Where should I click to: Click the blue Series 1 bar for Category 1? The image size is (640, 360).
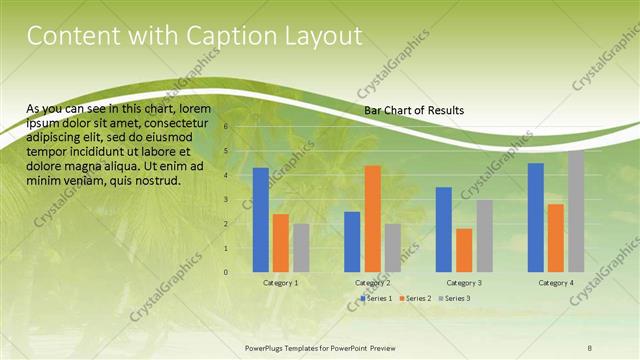pos(260,220)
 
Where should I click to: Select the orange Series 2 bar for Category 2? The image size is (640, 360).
pos(372,218)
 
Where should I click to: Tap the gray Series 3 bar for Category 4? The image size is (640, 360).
pos(576,211)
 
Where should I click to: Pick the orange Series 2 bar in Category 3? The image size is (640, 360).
pos(463,250)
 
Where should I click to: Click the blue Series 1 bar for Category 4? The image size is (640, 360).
pos(536,217)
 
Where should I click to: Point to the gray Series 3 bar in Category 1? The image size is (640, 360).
pos(301,247)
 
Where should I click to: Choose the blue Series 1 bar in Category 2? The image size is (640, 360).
pos(352,241)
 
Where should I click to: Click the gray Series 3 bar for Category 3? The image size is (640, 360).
pos(484,236)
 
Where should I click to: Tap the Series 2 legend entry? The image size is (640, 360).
pos(417,299)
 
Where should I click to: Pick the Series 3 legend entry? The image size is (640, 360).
pos(456,299)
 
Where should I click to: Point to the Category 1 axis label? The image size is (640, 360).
pos(280,283)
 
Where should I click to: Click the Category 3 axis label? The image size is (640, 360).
pos(463,283)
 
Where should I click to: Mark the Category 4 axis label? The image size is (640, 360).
pos(555,283)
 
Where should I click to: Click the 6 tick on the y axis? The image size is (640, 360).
pos(226,127)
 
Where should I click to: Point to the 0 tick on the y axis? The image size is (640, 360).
pos(226,272)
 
